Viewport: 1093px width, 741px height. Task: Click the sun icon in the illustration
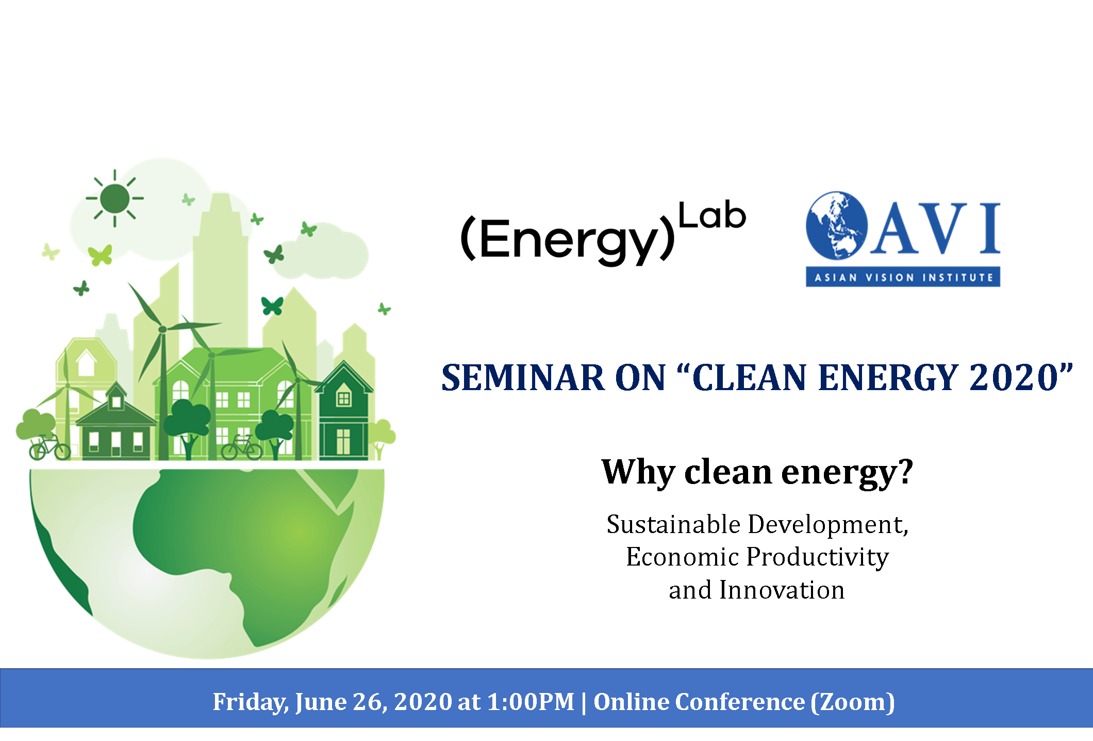point(114,198)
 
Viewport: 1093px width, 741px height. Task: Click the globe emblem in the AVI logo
point(836,225)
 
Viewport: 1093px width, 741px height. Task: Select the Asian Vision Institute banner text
point(903,278)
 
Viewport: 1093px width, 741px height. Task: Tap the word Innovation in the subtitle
point(782,590)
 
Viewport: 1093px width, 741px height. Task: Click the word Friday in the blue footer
point(251,702)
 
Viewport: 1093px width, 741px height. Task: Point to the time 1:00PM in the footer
point(531,702)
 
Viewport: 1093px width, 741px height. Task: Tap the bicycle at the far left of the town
point(49,447)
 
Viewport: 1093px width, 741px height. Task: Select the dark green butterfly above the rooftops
point(272,305)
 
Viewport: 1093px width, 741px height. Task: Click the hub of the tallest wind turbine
point(162,329)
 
